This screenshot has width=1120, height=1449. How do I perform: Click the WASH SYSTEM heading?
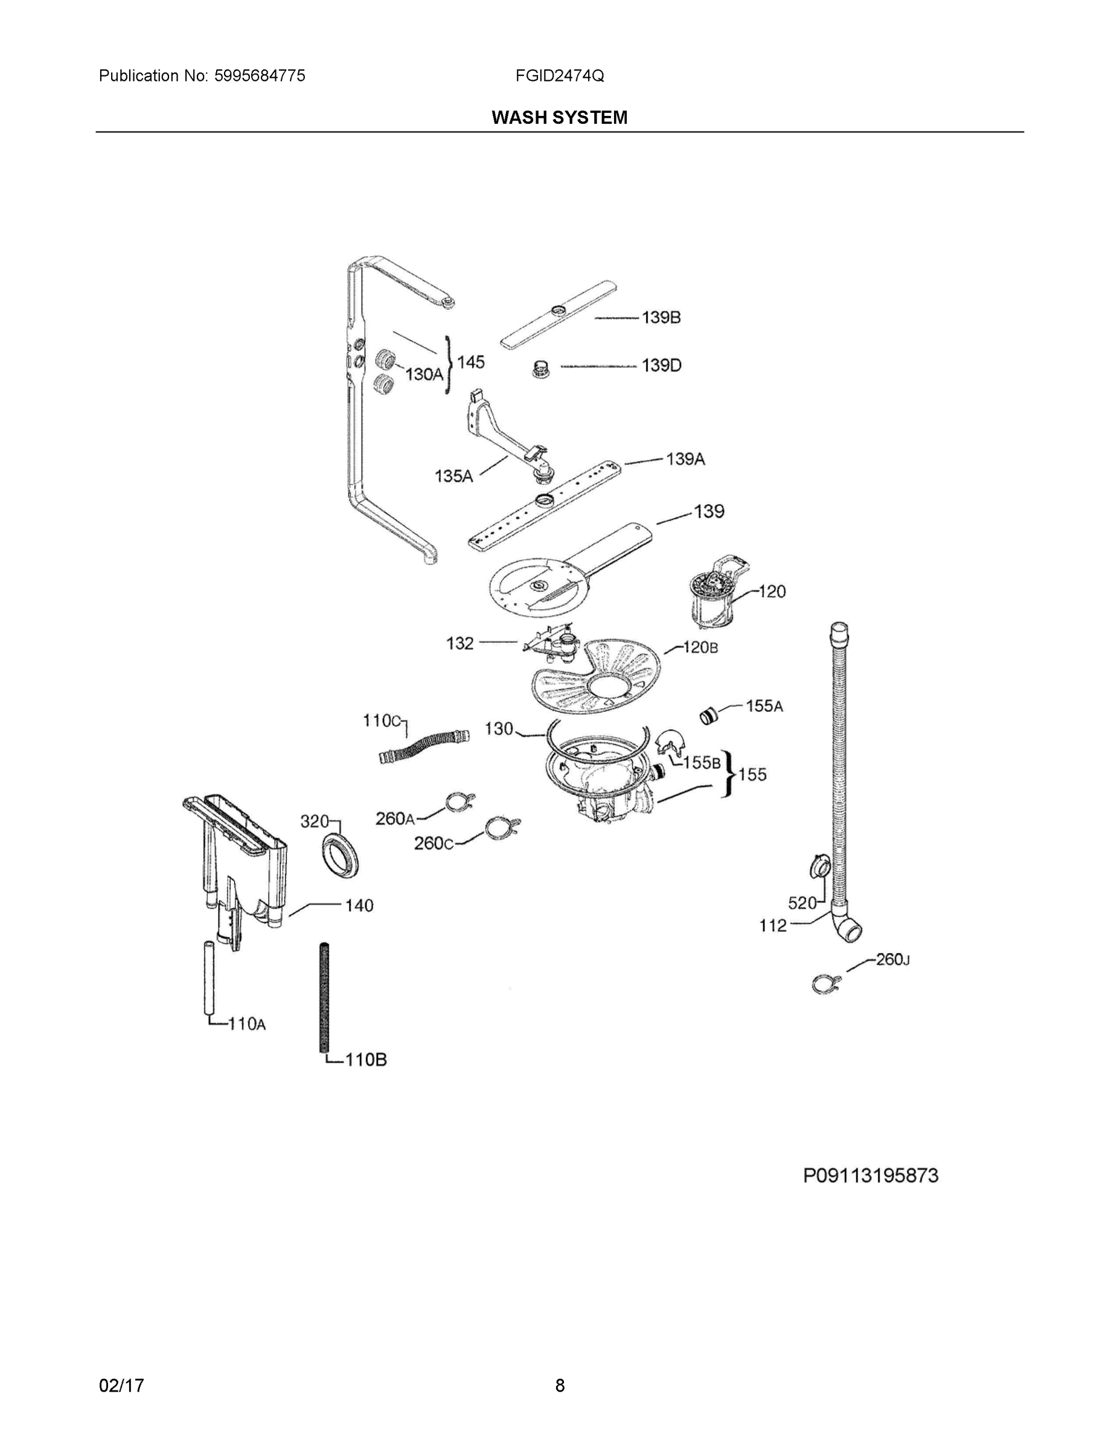point(558,118)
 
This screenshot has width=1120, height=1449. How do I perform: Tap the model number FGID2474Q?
point(559,75)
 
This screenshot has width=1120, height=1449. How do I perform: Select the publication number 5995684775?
point(260,75)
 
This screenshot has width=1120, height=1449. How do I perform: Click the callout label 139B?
point(661,318)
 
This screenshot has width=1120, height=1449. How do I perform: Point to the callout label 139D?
point(661,365)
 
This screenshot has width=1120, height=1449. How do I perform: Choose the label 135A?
point(453,476)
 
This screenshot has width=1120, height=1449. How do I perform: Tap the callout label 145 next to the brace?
point(470,362)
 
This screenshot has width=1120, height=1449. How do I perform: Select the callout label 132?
point(460,643)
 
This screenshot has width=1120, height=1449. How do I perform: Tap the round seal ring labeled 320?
point(342,859)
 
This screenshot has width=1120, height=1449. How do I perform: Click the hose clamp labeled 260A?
point(461,802)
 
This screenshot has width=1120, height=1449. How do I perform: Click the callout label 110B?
point(366,1060)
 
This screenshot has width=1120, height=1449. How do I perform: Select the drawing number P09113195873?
point(871,1176)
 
